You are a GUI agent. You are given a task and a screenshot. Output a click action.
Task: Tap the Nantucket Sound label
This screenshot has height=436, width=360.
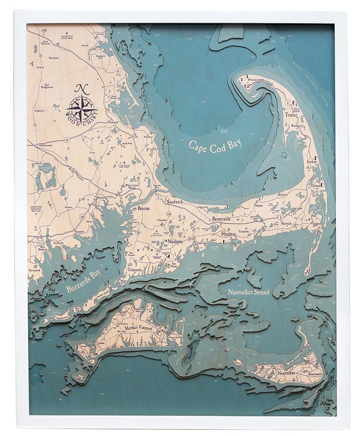[x=245, y=292]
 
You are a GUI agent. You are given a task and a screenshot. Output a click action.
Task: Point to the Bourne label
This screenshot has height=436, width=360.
[x=144, y=209]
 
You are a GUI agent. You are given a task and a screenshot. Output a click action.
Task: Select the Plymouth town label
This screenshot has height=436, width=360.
[x=113, y=123]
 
